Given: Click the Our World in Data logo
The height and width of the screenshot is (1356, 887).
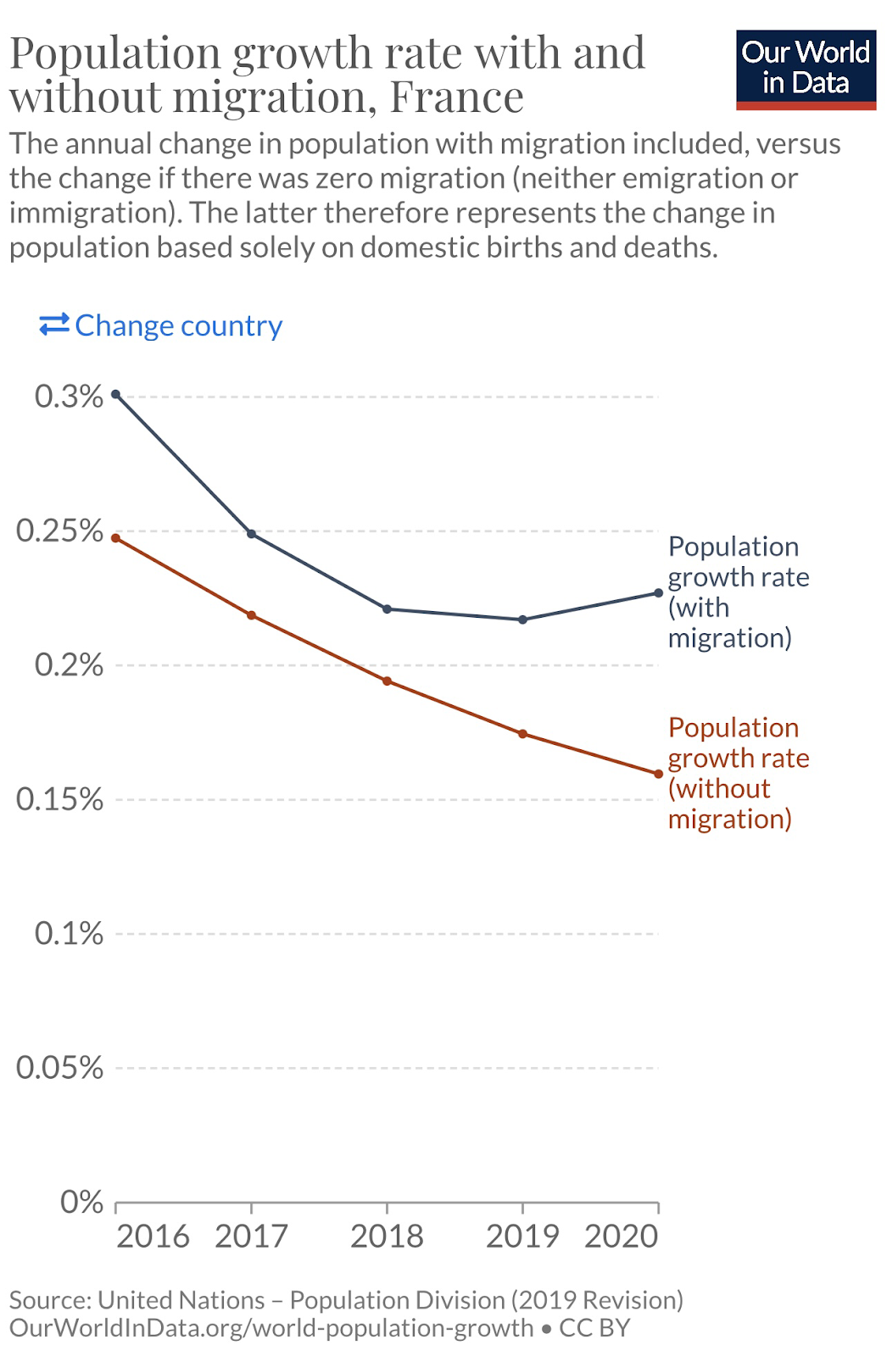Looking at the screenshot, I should pyautogui.click(x=805, y=69).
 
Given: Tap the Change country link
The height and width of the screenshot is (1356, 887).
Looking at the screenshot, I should pyautogui.click(x=161, y=325).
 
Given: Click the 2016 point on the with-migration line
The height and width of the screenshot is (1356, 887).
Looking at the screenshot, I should pyautogui.click(x=116, y=394).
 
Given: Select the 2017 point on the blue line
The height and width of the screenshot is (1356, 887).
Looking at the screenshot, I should pyautogui.click(x=251, y=534).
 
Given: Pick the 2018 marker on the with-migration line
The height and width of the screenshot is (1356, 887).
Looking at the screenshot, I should pyautogui.click(x=387, y=609).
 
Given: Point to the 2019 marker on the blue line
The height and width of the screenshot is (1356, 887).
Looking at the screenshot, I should pyautogui.click(x=522, y=620).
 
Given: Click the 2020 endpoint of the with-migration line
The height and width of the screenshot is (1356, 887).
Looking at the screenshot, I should pyautogui.click(x=658, y=592).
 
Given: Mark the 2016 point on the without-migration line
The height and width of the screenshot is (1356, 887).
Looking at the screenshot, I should pyautogui.click(x=116, y=538).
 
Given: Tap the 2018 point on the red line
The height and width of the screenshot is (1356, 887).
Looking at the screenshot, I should pyautogui.click(x=387, y=681).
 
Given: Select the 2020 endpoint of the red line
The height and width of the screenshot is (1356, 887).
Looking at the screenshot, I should pyautogui.click(x=658, y=774).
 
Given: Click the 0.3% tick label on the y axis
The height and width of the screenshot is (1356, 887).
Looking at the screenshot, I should pyautogui.click(x=69, y=396).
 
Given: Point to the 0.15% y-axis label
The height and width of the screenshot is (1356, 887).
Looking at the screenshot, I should pyautogui.click(x=59, y=799).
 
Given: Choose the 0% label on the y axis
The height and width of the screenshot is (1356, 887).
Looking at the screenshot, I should pyautogui.click(x=81, y=1202).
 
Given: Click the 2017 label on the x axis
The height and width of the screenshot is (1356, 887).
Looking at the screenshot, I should pyautogui.click(x=251, y=1237).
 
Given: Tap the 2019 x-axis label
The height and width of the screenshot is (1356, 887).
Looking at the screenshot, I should pyautogui.click(x=522, y=1237).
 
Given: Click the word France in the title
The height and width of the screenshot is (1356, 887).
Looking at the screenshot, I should pyautogui.click(x=456, y=97).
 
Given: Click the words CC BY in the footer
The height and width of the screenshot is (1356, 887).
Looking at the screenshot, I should pyautogui.click(x=594, y=1327).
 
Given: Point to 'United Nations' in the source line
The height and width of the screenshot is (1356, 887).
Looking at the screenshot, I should pyautogui.click(x=181, y=1300).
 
